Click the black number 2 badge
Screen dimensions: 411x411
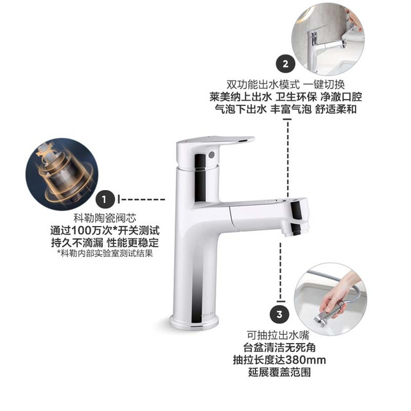click(x=285, y=64)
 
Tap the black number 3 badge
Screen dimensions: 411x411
click(x=279, y=314)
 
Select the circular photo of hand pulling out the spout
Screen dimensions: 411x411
click(x=331, y=299)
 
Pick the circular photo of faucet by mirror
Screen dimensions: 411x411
click(x=328, y=39)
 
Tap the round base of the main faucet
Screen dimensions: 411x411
click(x=194, y=321)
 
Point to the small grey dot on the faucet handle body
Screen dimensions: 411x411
click(x=211, y=155)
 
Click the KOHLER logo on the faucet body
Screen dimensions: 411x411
click(x=207, y=313)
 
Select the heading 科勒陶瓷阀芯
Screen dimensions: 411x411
click(x=105, y=218)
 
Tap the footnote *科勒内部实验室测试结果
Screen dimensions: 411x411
click(x=105, y=253)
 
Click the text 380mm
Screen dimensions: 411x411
click(x=306, y=360)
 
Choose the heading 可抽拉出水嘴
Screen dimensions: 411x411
click(x=278, y=335)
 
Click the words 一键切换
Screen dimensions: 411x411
click(x=324, y=85)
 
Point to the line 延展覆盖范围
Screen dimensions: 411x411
click(x=279, y=372)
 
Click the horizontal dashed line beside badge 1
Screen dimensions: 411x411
click(x=141, y=200)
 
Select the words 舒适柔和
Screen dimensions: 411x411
click(x=336, y=109)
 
